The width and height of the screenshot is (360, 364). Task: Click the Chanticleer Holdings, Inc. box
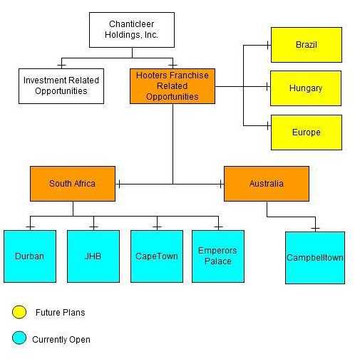click(132, 30)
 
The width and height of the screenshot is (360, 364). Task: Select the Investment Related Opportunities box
click(61, 86)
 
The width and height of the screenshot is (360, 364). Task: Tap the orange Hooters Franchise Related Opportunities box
click(173, 86)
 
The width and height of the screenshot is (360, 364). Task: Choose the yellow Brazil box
click(307, 45)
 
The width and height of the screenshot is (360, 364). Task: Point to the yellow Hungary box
click(306, 88)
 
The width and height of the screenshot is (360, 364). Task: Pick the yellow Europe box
click(307, 132)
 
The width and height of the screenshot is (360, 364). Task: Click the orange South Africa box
click(73, 184)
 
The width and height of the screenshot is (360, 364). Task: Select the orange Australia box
click(267, 184)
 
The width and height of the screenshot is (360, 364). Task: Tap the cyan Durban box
click(30, 256)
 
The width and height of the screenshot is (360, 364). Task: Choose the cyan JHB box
click(93, 256)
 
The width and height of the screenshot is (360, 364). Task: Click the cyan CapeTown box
click(157, 256)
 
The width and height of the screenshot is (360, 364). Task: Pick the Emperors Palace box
click(218, 256)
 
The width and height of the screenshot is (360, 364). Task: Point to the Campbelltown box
click(315, 258)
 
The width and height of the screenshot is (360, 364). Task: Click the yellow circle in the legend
click(19, 312)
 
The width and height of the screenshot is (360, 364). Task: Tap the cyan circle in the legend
click(19, 338)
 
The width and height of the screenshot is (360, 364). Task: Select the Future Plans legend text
click(60, 313)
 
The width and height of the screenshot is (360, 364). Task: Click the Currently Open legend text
click(61, 340)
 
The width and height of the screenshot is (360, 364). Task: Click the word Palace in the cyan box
click(218, 261)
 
